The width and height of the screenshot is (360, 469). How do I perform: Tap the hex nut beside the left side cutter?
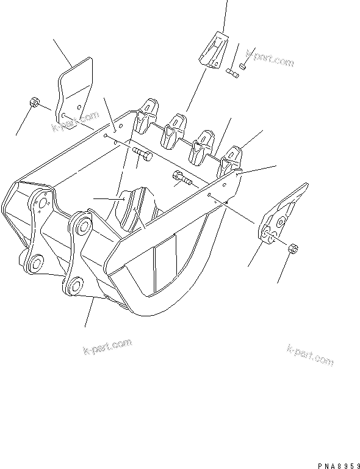[35, 103]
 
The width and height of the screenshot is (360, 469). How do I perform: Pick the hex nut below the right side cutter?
[292, 249]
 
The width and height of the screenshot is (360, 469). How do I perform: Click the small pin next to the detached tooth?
[232, 73]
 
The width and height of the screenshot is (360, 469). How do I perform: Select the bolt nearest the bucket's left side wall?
[140, 155]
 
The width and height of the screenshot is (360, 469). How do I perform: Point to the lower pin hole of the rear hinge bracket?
[35, 263]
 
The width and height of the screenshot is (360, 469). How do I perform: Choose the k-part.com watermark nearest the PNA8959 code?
[310, 354]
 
